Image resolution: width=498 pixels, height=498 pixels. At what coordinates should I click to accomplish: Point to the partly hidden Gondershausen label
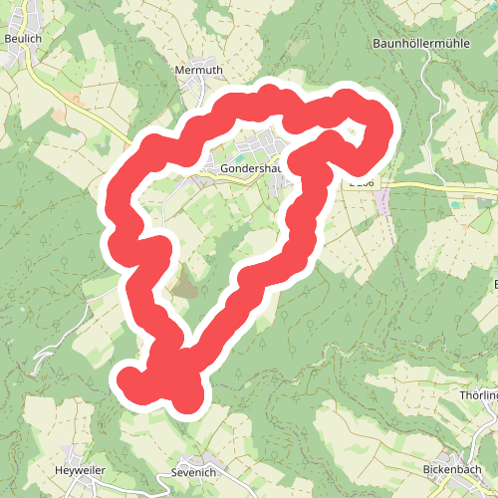[x=248, y=169]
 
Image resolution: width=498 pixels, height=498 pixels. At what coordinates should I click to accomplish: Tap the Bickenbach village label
[x=452, y=468]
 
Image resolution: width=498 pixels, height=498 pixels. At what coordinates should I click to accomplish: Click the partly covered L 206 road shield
[x=363, y=183]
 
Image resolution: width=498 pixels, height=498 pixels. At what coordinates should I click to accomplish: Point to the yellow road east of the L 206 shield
[x=438, y=187]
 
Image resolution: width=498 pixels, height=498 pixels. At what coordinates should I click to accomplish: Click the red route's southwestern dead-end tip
[x=129, y=378]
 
